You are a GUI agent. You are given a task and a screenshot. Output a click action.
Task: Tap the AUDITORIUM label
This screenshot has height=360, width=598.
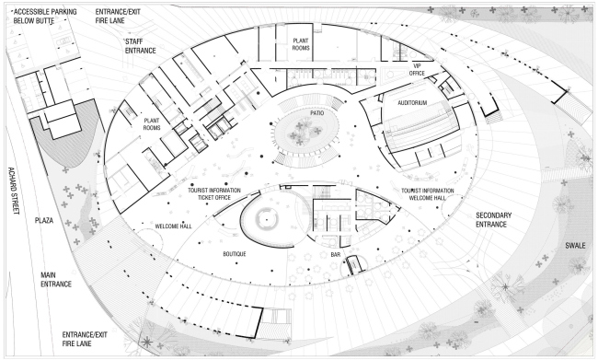411,103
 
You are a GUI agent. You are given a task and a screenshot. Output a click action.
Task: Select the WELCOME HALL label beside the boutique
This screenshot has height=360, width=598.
173,226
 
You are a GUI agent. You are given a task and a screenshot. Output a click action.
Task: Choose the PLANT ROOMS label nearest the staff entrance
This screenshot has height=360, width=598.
152,124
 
